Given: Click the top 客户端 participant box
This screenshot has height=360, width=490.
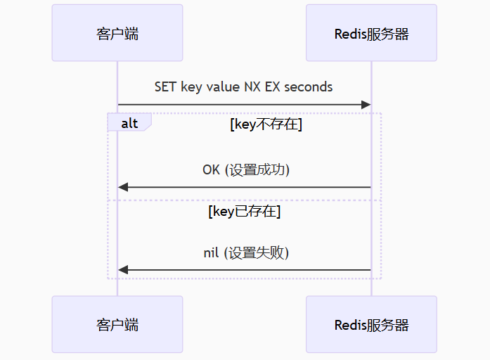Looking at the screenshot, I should coord(117,33).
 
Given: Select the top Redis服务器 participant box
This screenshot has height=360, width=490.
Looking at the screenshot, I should coord(371,33).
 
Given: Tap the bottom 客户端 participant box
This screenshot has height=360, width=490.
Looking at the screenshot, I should coord(117,324).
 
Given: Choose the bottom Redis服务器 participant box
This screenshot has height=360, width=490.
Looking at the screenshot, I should coord(371,324).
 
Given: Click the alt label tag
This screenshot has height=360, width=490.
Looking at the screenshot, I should coord(129,123).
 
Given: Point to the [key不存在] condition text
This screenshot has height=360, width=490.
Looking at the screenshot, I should coord(266,124).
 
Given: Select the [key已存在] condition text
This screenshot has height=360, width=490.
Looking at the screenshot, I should coord(244,211).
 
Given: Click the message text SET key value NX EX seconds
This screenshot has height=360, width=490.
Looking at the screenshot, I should coord(244,86).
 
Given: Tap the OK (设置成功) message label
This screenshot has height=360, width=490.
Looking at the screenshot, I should coord(246,169).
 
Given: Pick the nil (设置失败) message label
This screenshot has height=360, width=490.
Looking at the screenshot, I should coord(246,252).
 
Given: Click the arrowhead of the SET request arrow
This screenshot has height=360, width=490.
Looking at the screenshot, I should coord(366,105).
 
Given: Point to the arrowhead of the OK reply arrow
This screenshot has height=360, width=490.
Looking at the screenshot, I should coord(123,187).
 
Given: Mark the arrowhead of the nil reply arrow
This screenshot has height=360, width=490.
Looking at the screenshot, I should coord(123,270).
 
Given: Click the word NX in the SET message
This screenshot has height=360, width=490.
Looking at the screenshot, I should coord(252,86).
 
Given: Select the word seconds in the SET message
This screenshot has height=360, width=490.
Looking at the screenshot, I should coord(309,86).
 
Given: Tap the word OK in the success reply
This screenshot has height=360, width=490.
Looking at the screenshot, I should coord(211,169).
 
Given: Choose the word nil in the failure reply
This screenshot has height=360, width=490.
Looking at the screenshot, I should coord(211,252).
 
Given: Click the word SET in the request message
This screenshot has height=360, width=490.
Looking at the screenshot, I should coord(166,86).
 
